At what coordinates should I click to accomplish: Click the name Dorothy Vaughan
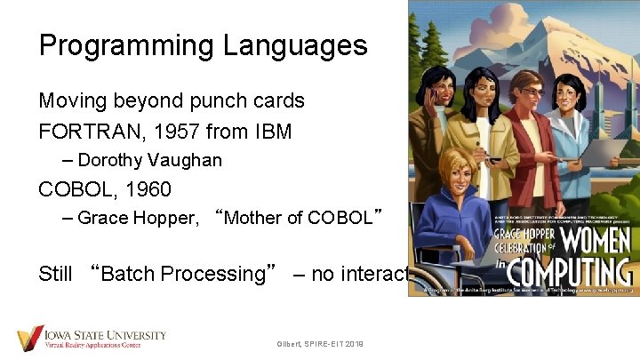click(149, 161)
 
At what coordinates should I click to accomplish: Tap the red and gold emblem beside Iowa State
click(29, 338)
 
